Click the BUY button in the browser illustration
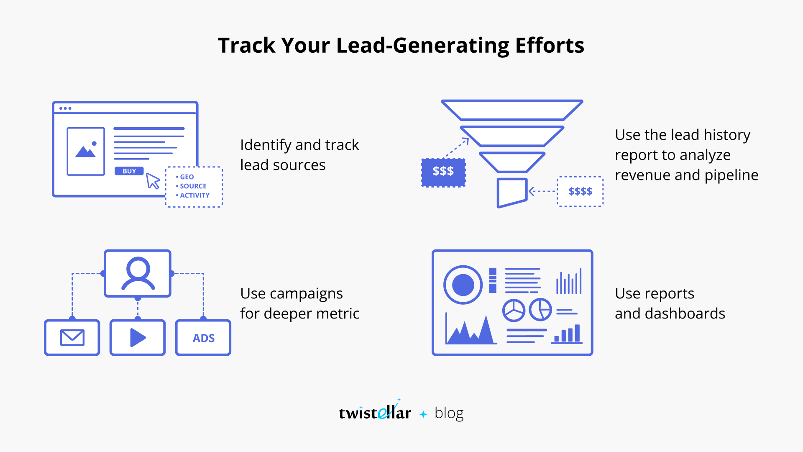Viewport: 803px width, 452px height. pos(129,171)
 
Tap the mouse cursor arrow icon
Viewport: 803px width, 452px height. pos(153,181)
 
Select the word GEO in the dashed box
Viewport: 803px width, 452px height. pos(187,177)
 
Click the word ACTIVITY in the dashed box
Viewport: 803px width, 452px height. pos(194,195)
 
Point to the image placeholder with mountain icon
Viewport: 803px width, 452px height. pos(86,151)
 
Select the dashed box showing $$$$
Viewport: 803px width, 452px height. pos(580,192)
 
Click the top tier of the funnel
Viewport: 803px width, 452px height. pos(512,110)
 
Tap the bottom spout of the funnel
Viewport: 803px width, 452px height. pos(511,192)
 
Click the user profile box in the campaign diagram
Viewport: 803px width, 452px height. pos(138,273)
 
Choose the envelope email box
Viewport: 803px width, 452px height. pos(72,337)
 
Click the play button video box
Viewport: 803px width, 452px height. pos(138,337)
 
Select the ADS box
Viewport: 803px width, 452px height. pos(203,338)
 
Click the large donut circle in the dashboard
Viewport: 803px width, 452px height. pos(463,285)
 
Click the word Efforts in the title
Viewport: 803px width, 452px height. pos(550,45)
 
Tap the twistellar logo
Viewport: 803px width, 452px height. pos(375,412)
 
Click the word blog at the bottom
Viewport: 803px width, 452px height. pos(449,413)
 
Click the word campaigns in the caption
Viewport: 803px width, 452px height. pos(306,294)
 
